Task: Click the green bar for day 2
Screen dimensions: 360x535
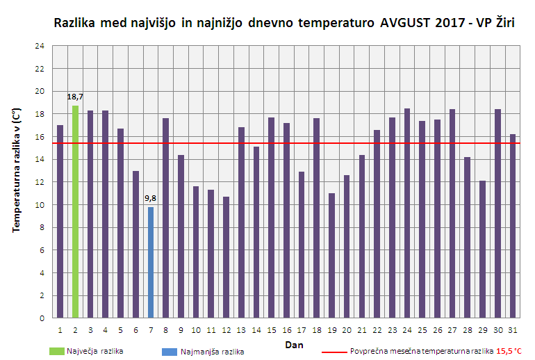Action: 75,212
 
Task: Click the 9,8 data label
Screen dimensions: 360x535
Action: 151,199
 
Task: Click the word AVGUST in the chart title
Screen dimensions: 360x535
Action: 406,22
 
